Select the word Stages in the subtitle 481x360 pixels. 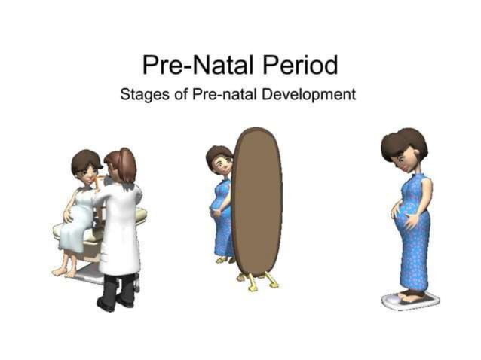tap(142, 96)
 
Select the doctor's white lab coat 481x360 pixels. tap(121, 226)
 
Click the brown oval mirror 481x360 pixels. tap(256, 203)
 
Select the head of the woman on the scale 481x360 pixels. tap(404, 151)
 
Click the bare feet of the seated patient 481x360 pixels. tap(63, 270)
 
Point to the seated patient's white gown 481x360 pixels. tap(75, 226)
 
